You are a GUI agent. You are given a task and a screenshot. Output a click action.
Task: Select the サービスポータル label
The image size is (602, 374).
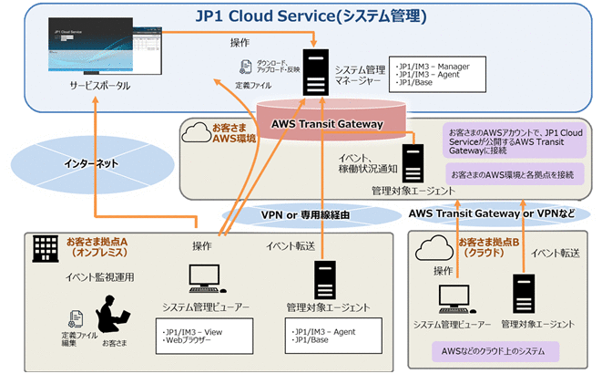tap(99, 87)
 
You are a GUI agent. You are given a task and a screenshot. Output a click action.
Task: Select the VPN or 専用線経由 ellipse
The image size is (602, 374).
tap(300, 214)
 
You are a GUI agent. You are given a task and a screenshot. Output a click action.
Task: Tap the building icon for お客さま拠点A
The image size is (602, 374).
tap(44, 247)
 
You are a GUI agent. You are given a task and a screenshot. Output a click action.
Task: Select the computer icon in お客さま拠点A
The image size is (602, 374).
tap(201, 279)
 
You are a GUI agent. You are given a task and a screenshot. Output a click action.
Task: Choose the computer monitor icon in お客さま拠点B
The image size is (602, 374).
tap(450, 296)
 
